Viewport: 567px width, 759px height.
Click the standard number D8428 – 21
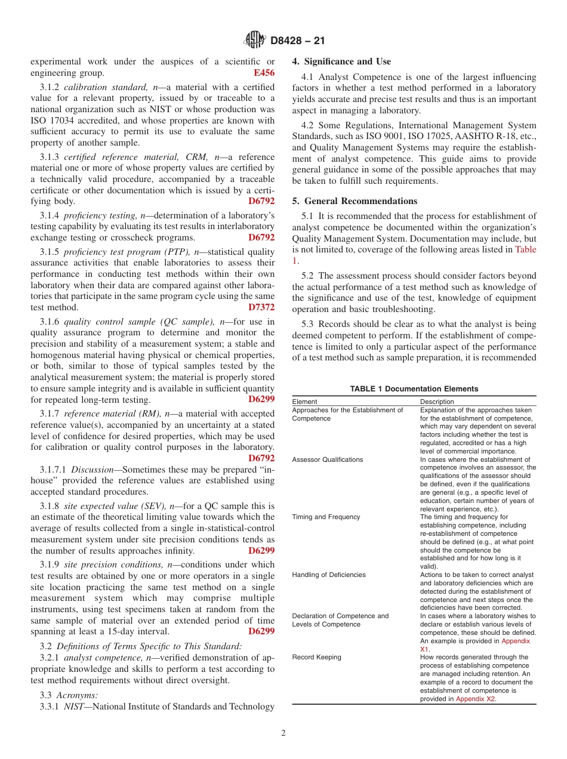pos(297,41)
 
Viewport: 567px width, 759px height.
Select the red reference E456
pos(264,73)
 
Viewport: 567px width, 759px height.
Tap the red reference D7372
pos(261,307)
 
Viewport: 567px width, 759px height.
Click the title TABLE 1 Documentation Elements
pos(414,388)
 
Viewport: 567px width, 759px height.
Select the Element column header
pos(304,402)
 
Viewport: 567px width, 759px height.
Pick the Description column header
pos(437,402)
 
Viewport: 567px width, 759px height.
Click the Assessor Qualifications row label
pos(327,459)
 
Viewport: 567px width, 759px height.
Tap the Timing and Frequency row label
pos(326,517)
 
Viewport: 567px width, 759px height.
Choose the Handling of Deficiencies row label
pos(329,575)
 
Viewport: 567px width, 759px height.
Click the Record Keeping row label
pos(316,657)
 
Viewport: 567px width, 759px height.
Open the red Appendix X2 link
pos(475,699)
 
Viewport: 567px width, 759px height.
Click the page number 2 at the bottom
pos(283,733)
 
